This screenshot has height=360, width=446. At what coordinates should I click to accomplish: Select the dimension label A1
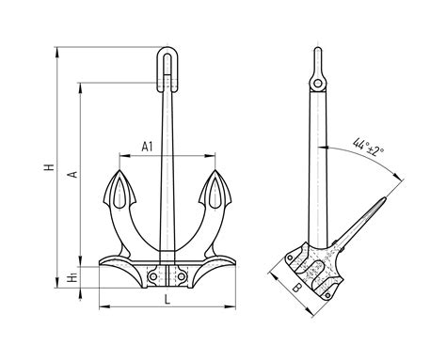(147, 147)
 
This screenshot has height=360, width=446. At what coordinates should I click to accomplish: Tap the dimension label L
(167, 300)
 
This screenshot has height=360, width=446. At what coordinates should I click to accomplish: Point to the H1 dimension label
(72, 277)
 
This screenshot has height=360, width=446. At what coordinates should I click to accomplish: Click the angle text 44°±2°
(369, 149)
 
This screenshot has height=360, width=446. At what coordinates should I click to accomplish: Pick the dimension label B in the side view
(296, 288)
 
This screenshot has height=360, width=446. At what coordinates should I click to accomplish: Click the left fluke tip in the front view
(119, 170)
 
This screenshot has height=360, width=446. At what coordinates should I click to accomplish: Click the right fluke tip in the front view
(215, 170)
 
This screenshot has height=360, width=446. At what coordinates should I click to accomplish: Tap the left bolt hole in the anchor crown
(153, 276)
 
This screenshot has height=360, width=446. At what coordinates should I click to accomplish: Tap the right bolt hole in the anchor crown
(182, 276)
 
